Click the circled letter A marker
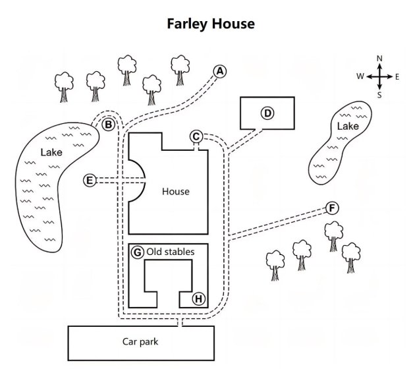tap(220, 71)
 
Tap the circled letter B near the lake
tap(109, 123)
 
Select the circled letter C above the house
tap(196, 136)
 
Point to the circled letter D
tap(267, 113)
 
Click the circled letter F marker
tap(333, 209)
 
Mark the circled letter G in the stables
tap(137, 252)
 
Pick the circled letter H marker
tap(198, 298)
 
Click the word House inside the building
tap(175, 192)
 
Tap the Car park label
tap(140, 341)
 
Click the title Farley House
tap(211, 24)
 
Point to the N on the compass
tap(379, 59)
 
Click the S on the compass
tap(379, 95)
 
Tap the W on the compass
tap(360, 76)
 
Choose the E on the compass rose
tap(397, 76)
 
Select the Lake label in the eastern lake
tap(347, 126)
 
